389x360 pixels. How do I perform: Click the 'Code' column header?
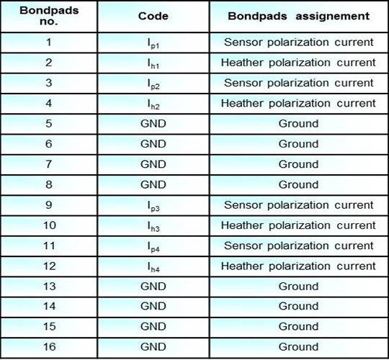pos(153,15)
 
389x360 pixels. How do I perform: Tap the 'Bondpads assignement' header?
pos(298,15)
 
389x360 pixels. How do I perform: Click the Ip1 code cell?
pos(153,43)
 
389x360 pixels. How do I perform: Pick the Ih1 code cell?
pos(153,63)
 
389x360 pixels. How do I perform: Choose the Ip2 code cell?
pos(153,84)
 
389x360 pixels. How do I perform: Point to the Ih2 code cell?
pos(153,104)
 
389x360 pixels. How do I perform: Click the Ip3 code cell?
pos(153,206)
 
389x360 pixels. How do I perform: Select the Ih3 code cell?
pos(153,226)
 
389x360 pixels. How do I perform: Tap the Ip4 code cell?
pos(153,246)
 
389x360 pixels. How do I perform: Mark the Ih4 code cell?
pos(153,266)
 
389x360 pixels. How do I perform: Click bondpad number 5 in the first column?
pos(48,123)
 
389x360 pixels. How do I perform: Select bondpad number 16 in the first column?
pos(48,346)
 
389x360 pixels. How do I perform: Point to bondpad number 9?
pos(48,204)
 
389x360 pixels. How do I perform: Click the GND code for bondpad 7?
pos(153,164)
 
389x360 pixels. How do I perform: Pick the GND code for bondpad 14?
pos(153,306)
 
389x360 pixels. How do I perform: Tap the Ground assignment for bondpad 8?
pos(298,184)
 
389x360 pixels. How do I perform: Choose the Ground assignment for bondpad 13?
pos(298,286)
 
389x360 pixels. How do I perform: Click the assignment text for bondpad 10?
pos(298,225)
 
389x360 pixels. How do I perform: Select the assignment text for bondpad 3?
pos(298,83)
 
